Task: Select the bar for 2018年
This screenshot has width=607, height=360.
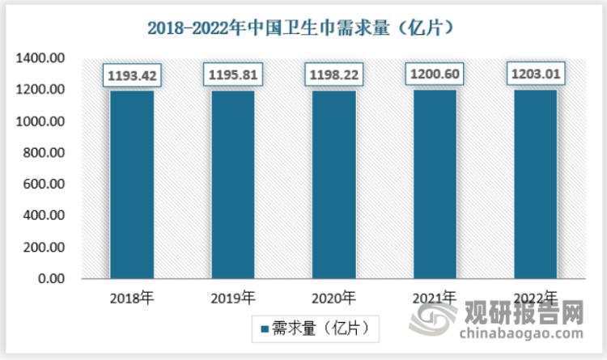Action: [131, 184]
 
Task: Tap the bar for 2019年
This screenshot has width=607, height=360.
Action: [232, 184]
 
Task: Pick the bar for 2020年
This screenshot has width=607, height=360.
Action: [333, 184]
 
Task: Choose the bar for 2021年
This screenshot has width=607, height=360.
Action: [435, 184]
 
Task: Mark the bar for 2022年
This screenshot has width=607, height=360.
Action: [536, 184]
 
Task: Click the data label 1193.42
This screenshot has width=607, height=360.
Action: [131, 76]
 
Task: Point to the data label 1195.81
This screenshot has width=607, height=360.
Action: [232, 76]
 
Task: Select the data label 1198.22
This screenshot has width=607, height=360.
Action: [333, 76]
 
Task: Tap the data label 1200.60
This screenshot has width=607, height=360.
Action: [435, 75]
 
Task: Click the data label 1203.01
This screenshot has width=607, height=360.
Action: [536, 75]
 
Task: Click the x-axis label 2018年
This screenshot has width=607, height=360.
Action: [131, 297]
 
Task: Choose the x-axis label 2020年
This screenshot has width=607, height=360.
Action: [333, 297]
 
